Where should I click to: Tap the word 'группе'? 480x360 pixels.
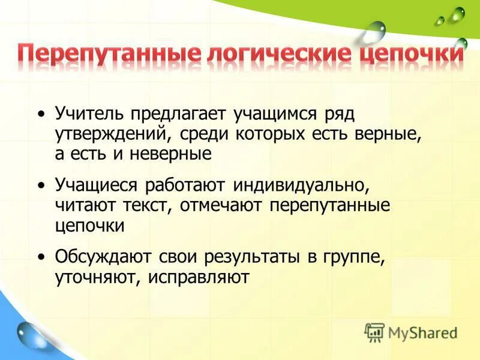coord(354,257)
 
